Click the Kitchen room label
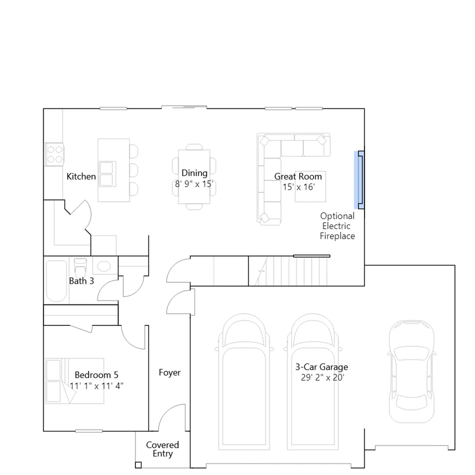point(81,176)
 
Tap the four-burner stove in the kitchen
point(55,154)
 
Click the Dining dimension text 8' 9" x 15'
point(194,184)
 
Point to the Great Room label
point(298,176)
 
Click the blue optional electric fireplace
point(359,180)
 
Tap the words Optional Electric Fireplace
point(337,226)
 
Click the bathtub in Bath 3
point(56,281)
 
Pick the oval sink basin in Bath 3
point(104,266)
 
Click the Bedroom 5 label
point(96,375)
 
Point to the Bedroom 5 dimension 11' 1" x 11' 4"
point(96,386)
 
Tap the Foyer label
point(170,373)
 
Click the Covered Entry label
point(162,449)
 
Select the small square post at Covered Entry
point(138,465)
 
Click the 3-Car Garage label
point(322,367)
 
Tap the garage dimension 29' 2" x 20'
point(323,378)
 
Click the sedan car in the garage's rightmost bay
point(412,371)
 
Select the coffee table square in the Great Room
point(310,186)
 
